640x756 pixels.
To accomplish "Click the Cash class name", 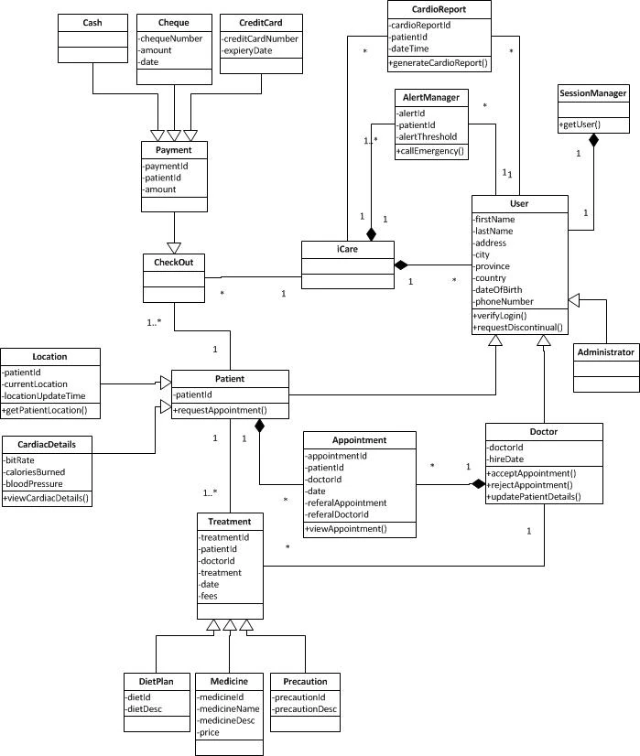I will tap(92, 21).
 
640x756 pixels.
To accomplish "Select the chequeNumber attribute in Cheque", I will tap(171, 39).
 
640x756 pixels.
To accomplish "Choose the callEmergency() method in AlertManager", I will tap(430, 151).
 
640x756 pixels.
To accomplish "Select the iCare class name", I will tap(347, 248).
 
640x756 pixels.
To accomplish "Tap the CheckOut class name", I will tap(173, 263).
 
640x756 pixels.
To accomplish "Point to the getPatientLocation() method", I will tap(47, 410).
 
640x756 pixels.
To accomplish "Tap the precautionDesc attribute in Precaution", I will tap(305, 708).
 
